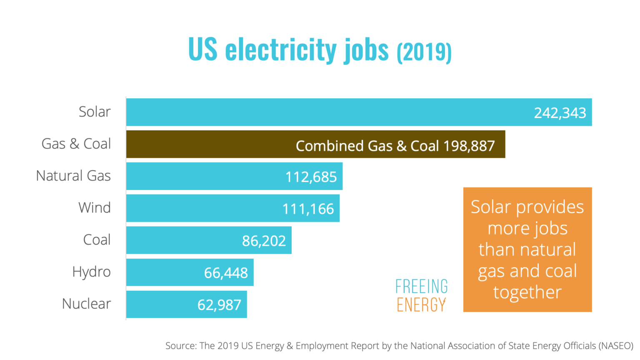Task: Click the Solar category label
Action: pos(95,112)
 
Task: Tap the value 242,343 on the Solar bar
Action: pos(560,113)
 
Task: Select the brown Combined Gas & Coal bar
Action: pos(208,144)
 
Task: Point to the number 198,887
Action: pos(469,146)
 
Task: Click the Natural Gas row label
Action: pos(73,176)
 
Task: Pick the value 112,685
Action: pos(311,177)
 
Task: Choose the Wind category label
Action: pos(95,207)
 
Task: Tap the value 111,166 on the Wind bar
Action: pos(308,209)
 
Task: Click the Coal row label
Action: pos(97,240)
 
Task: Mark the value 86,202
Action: pos(264,241)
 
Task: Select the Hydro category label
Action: pos(91,272)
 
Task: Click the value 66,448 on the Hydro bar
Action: pos(226,273)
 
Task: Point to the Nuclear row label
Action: pos(86,304)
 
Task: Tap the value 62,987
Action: pos(219,305)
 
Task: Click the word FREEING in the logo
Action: pos(421,287)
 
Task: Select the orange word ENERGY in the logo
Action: pos(421,305)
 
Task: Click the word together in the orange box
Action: pos(527,292)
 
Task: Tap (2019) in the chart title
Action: pos(424,52)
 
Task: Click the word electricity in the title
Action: pos(281,50)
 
